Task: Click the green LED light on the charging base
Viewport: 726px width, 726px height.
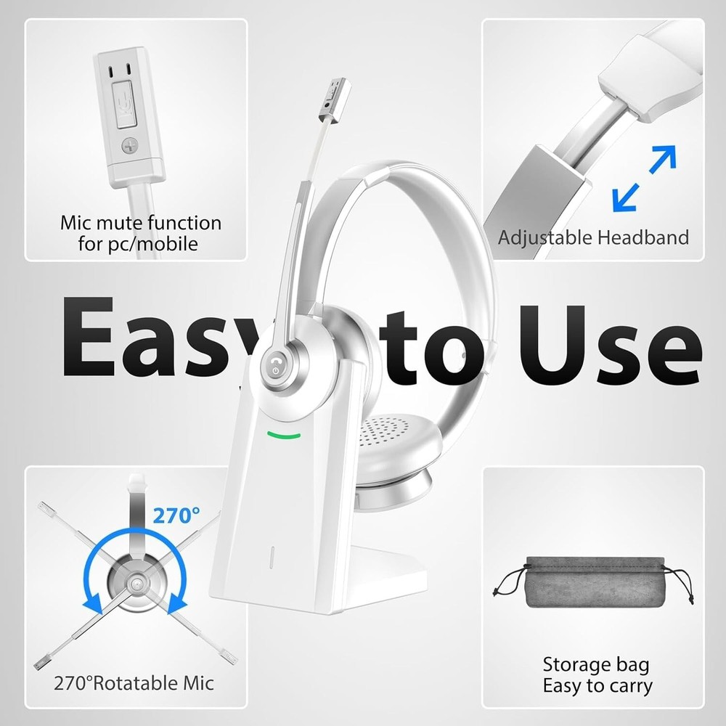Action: click(283, 436)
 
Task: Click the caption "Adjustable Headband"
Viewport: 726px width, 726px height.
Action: click(593, 237)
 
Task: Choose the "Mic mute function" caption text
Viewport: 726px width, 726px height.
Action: click(140, 222)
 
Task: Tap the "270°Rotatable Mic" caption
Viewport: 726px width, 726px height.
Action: click(134, 682)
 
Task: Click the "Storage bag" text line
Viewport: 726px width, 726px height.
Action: click(596, 664)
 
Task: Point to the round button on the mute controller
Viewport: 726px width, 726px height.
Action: click(130, 144)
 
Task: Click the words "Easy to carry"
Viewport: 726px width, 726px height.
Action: click(597, 685)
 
